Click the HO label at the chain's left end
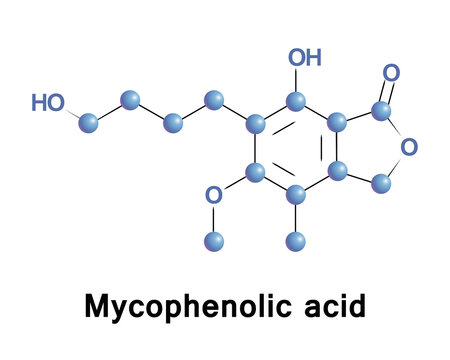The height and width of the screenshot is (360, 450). coord(47,102)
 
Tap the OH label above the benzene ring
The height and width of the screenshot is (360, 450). coord(305,58)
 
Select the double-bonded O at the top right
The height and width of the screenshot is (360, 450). coord(391,73)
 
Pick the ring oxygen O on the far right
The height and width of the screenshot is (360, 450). coord(408,148)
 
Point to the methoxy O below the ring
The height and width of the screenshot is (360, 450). coord(213,196)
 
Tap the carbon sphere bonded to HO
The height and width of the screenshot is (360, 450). coord(88,123)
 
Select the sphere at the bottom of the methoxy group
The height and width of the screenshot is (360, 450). coord(213,239)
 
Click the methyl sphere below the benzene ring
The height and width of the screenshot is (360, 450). coord(296,239)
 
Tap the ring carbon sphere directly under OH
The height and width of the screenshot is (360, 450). coord(296,100)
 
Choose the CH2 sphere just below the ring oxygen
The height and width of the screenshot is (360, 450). coord(380,183)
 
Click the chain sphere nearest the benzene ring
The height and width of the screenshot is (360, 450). coord(213,99)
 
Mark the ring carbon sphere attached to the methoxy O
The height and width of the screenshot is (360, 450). coord(255,172)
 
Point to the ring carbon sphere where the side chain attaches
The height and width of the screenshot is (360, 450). coord(255,124)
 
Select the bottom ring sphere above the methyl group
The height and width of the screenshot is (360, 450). coord(296,194)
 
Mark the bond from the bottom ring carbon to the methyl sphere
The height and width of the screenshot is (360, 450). coord(296,217)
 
